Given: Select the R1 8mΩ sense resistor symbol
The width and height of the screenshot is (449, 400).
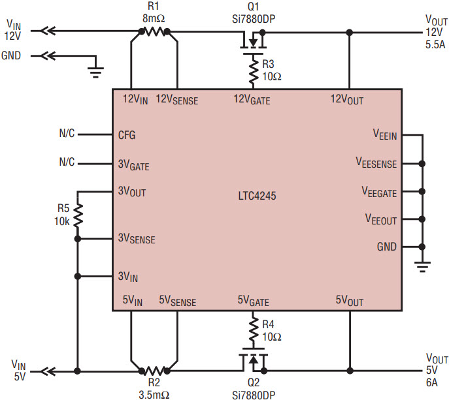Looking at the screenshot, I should point(154,31).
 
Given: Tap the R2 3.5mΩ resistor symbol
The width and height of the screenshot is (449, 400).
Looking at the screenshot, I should point(154,371).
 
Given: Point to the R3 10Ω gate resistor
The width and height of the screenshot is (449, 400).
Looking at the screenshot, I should point(253,70).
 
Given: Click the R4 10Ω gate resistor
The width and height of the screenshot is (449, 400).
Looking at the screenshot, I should point(253,330).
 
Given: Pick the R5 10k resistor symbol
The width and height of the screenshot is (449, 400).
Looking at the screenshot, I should point(78,215).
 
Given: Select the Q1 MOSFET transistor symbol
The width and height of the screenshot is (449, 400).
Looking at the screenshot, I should point(253,43).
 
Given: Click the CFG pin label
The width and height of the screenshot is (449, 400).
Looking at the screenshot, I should point(127,135).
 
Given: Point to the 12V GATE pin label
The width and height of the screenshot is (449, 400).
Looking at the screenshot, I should point(252,100).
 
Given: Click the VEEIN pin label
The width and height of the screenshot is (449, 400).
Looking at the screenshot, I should point(385,135).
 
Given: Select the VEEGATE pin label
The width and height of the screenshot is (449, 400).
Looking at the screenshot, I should point(379,192).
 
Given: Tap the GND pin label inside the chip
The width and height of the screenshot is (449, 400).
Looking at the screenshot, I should point(386,247).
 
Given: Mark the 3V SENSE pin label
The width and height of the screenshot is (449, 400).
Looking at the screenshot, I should point(136,239).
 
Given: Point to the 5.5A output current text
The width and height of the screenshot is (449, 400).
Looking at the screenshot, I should point(435,44).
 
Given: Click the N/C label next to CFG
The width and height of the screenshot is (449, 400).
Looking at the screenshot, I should point(67,134).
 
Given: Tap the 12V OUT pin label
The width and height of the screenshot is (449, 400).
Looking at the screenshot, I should point(346,100).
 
